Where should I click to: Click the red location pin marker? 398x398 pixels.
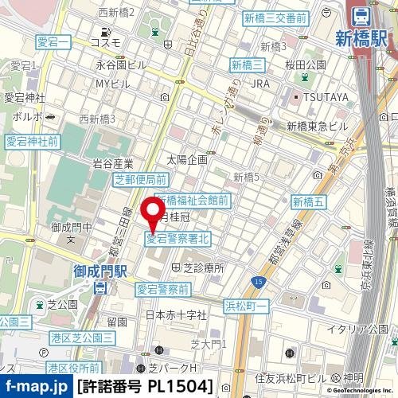(x=152, y=213)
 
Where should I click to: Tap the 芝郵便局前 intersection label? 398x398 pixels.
(x=140, y=179)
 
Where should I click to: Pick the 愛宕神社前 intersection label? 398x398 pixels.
(x=32, y=142)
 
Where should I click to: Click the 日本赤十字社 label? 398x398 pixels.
(x=176, y=315)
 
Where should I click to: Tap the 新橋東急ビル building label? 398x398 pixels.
(x=318, y=126)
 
